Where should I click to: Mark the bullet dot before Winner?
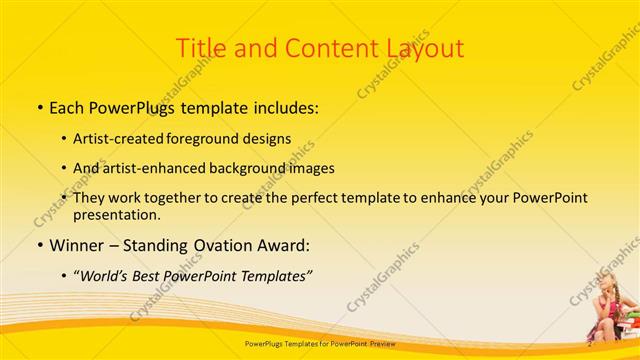[38, 245]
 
